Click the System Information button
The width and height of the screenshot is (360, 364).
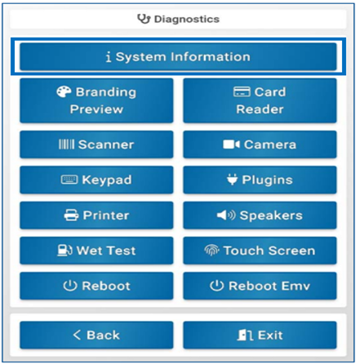[178, 56]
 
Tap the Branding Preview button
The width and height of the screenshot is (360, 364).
[96, 100]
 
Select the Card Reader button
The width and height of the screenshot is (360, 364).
[260, 100]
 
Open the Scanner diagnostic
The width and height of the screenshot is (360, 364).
[96, 144]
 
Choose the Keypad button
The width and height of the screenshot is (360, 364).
[96, 180]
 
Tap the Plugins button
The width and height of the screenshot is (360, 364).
[260, 180]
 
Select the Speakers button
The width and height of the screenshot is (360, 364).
[260, 215]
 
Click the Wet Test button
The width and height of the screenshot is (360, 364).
[96, 251]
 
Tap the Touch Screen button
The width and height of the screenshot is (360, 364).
[260, 251]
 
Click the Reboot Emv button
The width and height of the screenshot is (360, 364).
[260, 286]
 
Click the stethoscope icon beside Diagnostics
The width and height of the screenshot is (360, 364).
[144, 19]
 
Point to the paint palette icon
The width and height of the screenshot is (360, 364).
[64, 92]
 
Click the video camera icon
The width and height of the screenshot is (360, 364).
[231, 144]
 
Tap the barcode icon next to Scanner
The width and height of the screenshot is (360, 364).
[66, 144]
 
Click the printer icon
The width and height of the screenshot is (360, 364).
[71, 215]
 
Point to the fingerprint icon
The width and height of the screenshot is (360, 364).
[211, 251]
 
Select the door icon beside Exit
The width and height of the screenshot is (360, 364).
[245, 335]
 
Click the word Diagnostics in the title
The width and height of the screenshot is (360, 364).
[187, 19]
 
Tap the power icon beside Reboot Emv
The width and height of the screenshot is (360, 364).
[217, 286]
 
